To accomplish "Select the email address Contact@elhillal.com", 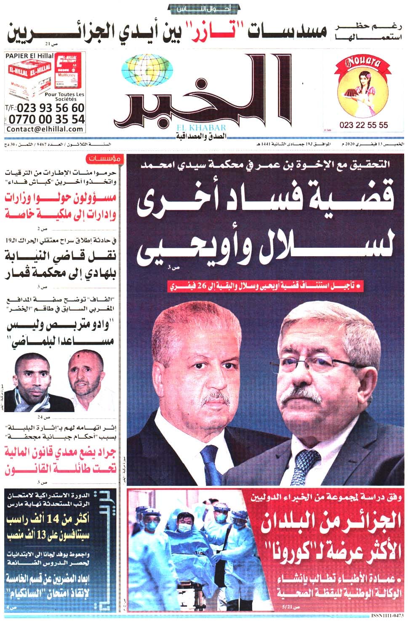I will pyautogui.click(x=45, y=129).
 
